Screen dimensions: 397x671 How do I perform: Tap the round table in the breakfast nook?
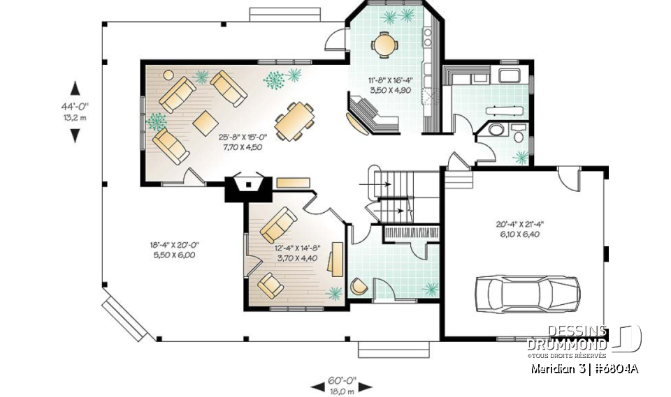click(x=383, y=45)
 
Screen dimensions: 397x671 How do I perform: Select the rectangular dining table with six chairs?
click(x=294, y=121)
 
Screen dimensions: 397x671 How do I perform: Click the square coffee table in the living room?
click(x=205, y=122)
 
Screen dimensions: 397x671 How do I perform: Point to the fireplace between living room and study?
click(x=248, y=185)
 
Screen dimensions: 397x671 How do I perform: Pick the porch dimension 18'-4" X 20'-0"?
click(x=174, y=250)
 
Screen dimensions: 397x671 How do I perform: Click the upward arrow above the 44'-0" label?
click(x=75, y=88)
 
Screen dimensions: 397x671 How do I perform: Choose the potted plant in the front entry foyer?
click(x=431, y=287)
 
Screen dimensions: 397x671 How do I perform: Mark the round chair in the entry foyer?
click(x=359, y=285)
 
